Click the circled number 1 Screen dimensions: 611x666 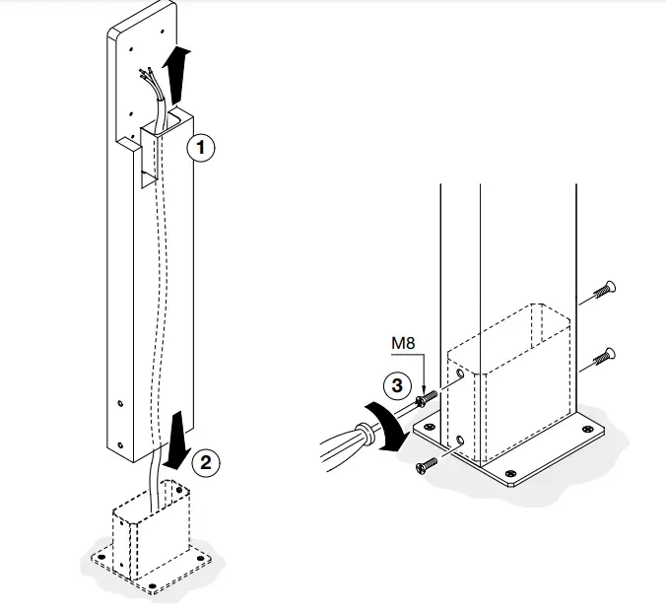click(x=200, y=148)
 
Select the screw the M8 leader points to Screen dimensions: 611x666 click(x=426, y=398)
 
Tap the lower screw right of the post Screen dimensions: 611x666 click(x=603, y=356)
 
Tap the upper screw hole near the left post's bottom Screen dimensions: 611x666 click(x=120, y=402)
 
